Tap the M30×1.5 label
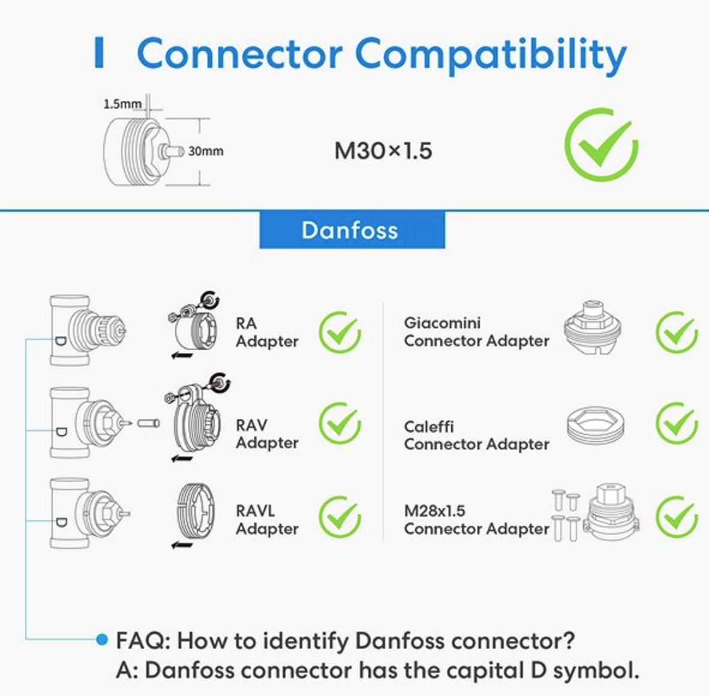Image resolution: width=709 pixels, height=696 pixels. pos(383,151)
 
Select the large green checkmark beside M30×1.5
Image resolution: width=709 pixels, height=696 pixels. pos(601,145)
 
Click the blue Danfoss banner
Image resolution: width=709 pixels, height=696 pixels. pos(352,230)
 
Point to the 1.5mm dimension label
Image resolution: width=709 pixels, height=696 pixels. pos(122,104)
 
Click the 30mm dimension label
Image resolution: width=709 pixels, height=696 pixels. pos(206,151)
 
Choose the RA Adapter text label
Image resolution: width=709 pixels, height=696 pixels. pos(266,332)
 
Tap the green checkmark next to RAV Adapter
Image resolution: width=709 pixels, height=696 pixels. pos(340,424)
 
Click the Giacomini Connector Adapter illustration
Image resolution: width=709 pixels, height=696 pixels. pos(593,327)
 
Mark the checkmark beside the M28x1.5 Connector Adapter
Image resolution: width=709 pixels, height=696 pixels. pos(676,517)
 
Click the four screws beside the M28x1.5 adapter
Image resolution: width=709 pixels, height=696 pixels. pos(565,515)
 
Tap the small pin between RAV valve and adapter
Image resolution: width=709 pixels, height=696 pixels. pos(148,423)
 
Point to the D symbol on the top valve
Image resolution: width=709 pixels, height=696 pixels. pos(61,340)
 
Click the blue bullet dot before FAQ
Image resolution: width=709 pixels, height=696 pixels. pos(102,640)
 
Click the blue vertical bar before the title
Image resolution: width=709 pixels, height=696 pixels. pos(100,53)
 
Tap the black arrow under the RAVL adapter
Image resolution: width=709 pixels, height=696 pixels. pos(182,545)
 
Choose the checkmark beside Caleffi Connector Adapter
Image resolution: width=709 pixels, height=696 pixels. pos(676,424)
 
